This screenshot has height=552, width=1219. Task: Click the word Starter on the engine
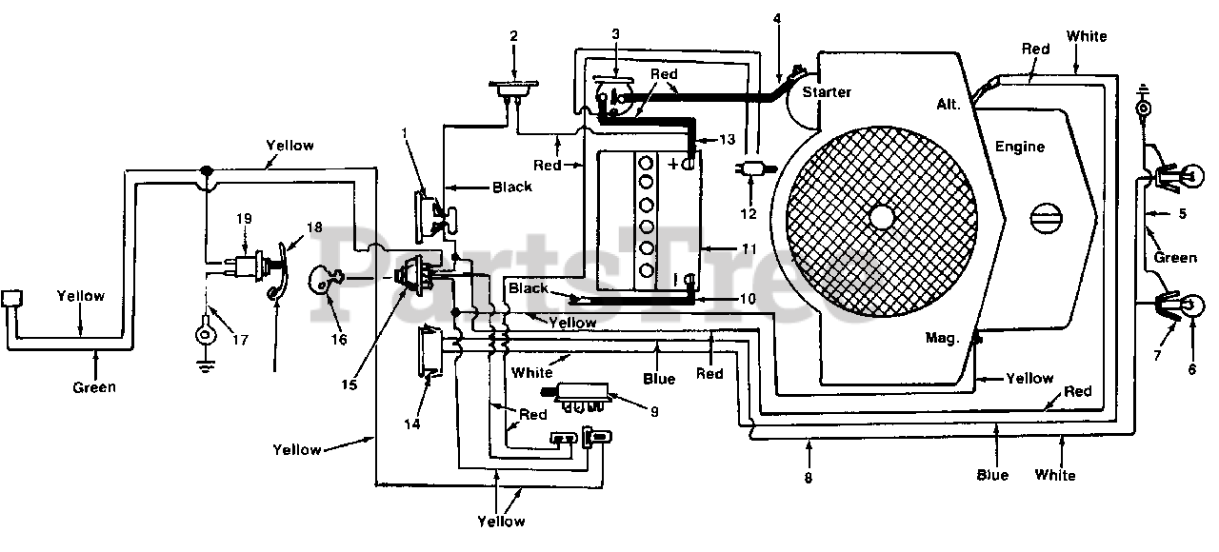click(826, 92)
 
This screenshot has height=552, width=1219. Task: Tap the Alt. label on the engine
click(949, 104)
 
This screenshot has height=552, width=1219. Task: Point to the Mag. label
click(941, 338)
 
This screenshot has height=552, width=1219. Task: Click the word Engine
click(1020, 147)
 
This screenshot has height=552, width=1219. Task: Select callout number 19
click(244, 219)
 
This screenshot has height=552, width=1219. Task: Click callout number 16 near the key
click(338, 340)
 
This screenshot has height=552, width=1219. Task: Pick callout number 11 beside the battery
click(749, 249)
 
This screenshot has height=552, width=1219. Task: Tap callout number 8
click(809, 478)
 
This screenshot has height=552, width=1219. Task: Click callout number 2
click(513, 36)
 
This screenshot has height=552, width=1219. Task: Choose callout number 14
click(412, 424)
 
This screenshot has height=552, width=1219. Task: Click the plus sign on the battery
click(673, 164)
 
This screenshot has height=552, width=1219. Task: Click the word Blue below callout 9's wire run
click(659, 379)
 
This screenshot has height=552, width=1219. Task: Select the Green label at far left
click(94, 387)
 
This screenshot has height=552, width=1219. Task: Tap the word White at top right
click(1087, 36)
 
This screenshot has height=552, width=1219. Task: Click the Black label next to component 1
click(512, 187)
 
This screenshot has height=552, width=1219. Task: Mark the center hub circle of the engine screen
click(882, 218)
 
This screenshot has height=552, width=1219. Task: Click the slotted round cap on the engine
click(1047, 219)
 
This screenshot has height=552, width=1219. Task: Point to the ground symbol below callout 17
click(205, 368)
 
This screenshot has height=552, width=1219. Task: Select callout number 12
click(749, 214)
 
